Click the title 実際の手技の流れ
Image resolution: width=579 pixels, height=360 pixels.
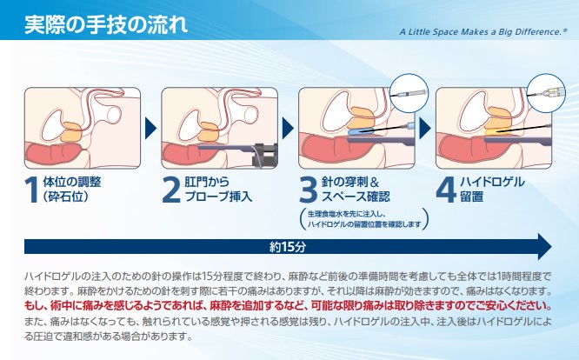pyautogui.click(x=106, y=24)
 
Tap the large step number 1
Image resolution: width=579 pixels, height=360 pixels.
pyautogui.click(x=32, y=190)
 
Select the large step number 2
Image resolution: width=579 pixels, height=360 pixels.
pyautogui.click(x=171, y=190)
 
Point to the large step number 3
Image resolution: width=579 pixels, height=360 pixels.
pyautogui.click(x=309, y=190)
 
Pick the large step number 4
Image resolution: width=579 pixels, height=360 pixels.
pyautogui.click(x=446, y=190)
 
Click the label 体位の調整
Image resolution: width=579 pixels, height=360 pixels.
pyautogui.click(x=72, y=182)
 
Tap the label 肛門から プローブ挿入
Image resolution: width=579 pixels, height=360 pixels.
pyautogui.click(x=218, y=189)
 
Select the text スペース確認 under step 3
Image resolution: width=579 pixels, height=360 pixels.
pyautogui.click(x=356, y=197)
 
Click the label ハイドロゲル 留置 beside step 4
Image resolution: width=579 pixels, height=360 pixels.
pyautogui.click(x=492, y=189)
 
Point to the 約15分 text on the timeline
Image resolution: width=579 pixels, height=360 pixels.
pyautogui.click(x=288, y=247)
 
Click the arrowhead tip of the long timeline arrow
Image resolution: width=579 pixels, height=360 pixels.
pyautogui.click(x=552, y=246)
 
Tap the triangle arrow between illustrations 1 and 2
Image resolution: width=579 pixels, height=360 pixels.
pyautogui.click(x=150, y=129)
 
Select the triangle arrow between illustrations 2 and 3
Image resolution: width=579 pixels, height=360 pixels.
pyautogui.click(x=287, y=129)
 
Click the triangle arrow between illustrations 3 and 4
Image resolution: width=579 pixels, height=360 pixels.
pyautogui.click(x=424, y=129)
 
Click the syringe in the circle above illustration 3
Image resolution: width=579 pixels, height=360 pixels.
pyautogui.click(x=409, y=93)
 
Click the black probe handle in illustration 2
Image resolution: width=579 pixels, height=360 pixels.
pyautogui.click(x=264, y=154)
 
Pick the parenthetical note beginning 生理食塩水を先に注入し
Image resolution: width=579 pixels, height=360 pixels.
pyautogui.click(x=364, y=219)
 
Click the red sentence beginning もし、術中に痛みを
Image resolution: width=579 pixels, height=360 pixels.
pyautogui.click(x=288, y=306)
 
